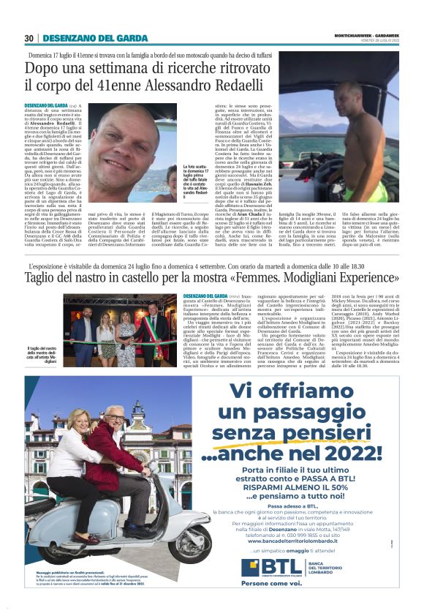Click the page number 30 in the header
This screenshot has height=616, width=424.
(x=29, y=38)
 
